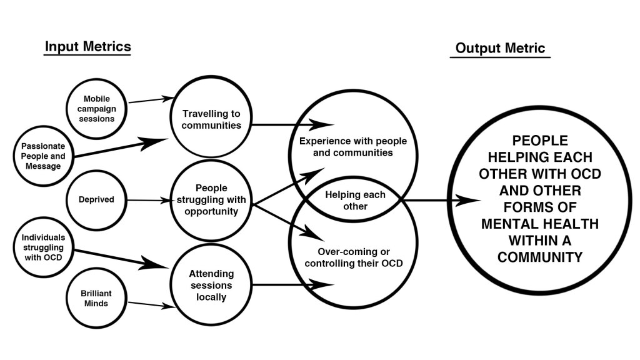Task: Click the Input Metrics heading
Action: coord(87,47)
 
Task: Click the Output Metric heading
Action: coord(500,48)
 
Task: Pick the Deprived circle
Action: coord(97,201)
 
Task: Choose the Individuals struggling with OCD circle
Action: coord(42,246)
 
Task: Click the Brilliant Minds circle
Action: coord(97,297)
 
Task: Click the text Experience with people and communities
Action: coord(346,146)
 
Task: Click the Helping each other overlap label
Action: coord(355,201)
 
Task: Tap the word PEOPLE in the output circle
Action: coord(540,141)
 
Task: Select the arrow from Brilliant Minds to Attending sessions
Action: coord(150,304)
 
